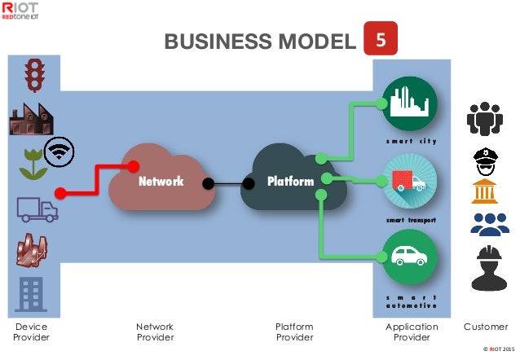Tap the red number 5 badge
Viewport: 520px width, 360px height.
(x=381, y=38)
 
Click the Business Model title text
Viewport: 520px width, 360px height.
(x=260, y=42)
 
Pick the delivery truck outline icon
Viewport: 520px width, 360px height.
(x=37, y=209)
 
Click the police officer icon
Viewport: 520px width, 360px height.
(x=486, y=159)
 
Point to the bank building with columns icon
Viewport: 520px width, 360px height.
(x=486, y=193)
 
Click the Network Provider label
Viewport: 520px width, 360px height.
(x=155, y=332)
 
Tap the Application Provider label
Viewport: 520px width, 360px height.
(x=411, y=332)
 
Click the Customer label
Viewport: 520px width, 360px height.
(x=486, y=327)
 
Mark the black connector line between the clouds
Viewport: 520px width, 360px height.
(x=230, y=183)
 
